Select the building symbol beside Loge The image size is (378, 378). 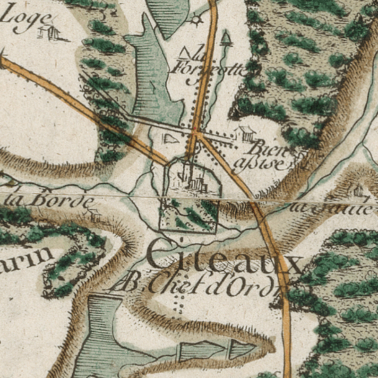pos(50,32)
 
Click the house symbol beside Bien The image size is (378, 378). pos(245,133)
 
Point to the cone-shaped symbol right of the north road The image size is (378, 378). pos(226,38)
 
